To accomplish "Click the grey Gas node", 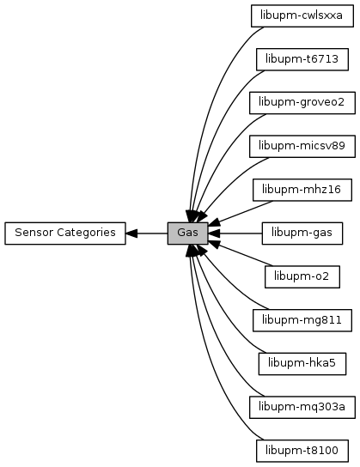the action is point(187,233).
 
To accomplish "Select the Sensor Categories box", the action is point(65,233).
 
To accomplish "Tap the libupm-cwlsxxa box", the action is point(302,15).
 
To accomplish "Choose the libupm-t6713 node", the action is point(302,59).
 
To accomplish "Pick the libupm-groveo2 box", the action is point(302,103).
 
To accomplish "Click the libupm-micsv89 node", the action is point(302,146).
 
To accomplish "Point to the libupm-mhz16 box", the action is point(302,190).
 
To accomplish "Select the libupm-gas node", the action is point(302,233).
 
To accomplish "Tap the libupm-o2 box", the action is point(302,276).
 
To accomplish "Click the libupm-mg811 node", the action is point(302,320).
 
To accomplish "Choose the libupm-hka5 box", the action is point(302,364).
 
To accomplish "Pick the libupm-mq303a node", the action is point(302,407).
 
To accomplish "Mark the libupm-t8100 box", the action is point(302,451).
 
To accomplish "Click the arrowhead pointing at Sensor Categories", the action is point(131,233).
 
